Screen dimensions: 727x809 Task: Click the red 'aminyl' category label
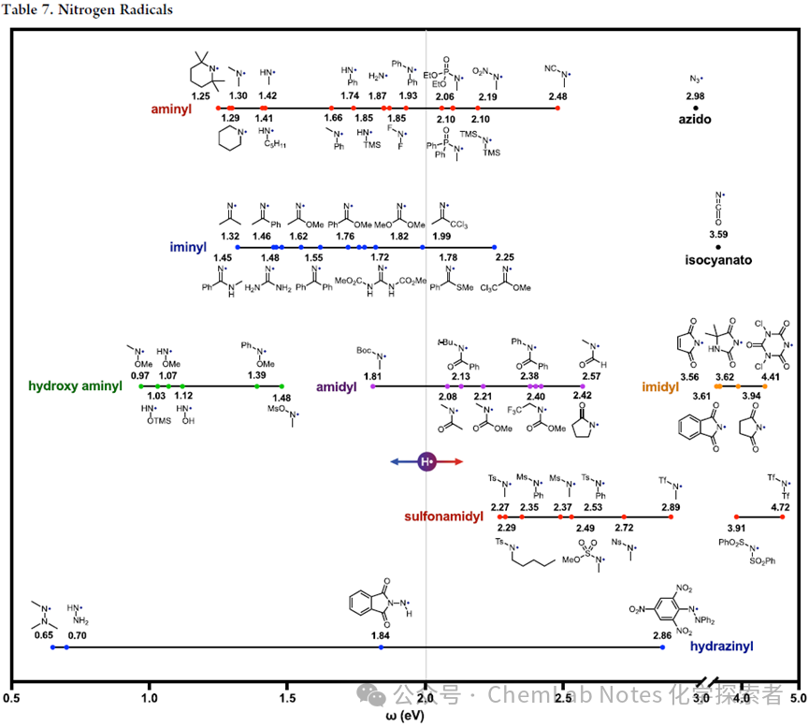tap(171, 109)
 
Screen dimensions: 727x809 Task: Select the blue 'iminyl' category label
tap(187, 247)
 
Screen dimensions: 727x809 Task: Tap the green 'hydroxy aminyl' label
tap(75, 385)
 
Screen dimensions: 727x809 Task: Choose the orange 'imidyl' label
tap(660, 385)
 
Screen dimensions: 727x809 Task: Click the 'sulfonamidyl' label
tap(443, 516)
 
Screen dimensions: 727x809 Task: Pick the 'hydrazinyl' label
tap(721, 646)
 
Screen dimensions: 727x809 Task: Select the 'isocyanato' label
tap(717, 260)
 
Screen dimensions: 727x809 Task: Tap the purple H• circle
tap(426, 461)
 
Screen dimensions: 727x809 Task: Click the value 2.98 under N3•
tap(695, 96)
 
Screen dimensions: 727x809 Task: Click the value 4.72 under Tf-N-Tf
tap(780, 507)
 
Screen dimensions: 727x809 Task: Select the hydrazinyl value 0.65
tap(43, 635)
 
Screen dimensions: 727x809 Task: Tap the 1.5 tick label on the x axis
tap(288, 698)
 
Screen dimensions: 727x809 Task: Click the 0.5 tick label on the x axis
tap(12, 698)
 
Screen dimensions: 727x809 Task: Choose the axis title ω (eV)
tap(404, 716)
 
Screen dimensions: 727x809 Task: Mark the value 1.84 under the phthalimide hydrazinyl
tap(380, 635)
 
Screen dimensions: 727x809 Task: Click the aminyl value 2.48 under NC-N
tap(557, 96)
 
